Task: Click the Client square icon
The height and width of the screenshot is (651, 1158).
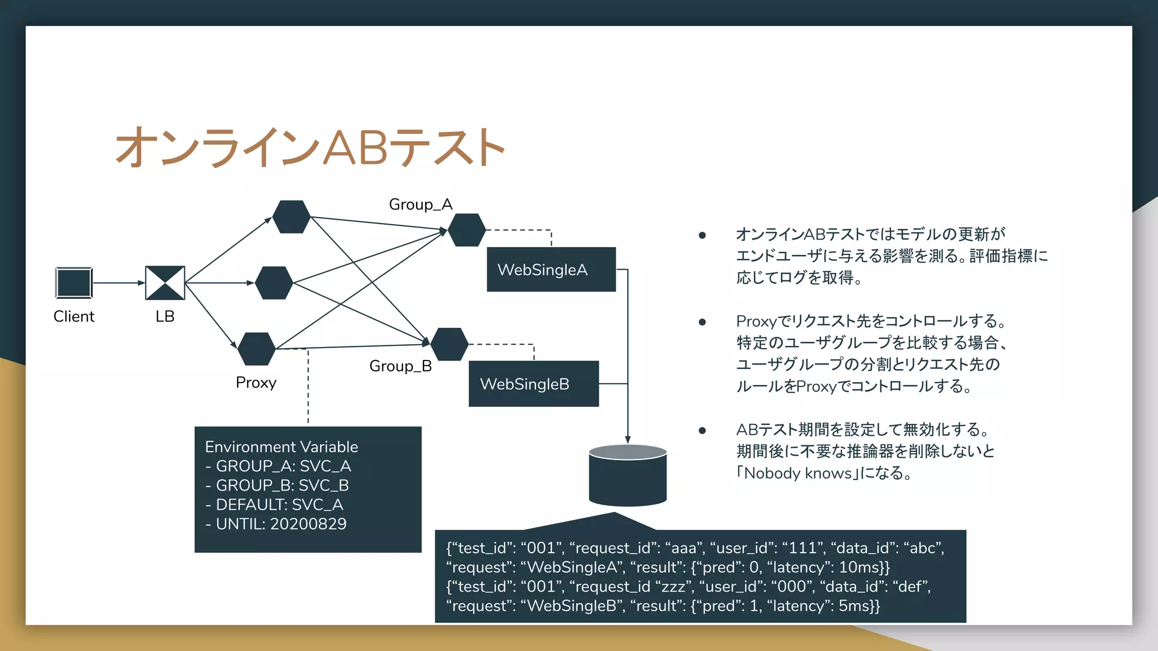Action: pyautogui.click(x=74, y=283)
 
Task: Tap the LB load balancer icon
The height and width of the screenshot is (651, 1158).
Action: pyautogui.click(x=165, y=283)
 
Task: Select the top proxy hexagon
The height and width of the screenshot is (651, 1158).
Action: pyautogui.click(x=291, y=216)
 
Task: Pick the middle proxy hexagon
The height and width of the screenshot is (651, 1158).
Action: pyautogui.click(x=274, y=283)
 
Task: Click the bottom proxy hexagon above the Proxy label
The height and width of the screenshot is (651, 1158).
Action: pyautogui.click(x=257, y=349)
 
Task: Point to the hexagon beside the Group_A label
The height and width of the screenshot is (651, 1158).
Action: pyautogui.click(x=466, y=230)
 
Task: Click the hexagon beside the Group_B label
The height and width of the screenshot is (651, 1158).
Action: pyautogui.click(x=449, y=344)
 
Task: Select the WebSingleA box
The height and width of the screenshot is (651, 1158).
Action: pyautogui.click(x=551, y=270)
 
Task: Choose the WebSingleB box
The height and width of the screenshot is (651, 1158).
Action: pyautogui.click(x=533, y=384)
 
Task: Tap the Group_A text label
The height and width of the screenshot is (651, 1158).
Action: pyautogui.click(x=420, y=204)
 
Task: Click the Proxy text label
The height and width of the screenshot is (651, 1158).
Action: pyautogui.click(x=256, y=383)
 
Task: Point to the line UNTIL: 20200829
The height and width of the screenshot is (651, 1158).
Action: pyautogui.click(x=276, y=524)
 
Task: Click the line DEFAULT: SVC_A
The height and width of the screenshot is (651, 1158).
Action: pyautogui.click(x=274, y=504)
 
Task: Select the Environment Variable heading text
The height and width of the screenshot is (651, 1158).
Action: pyautogui.click(x=281, y=446)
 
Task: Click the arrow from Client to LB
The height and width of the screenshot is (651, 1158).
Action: pyautogui.click(x=119, y=283)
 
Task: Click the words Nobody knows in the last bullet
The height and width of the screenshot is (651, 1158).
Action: pyautogui.click(x=797, y=473)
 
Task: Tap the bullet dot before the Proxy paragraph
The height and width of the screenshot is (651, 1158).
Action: pyautogui.click(x=702, y=322)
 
